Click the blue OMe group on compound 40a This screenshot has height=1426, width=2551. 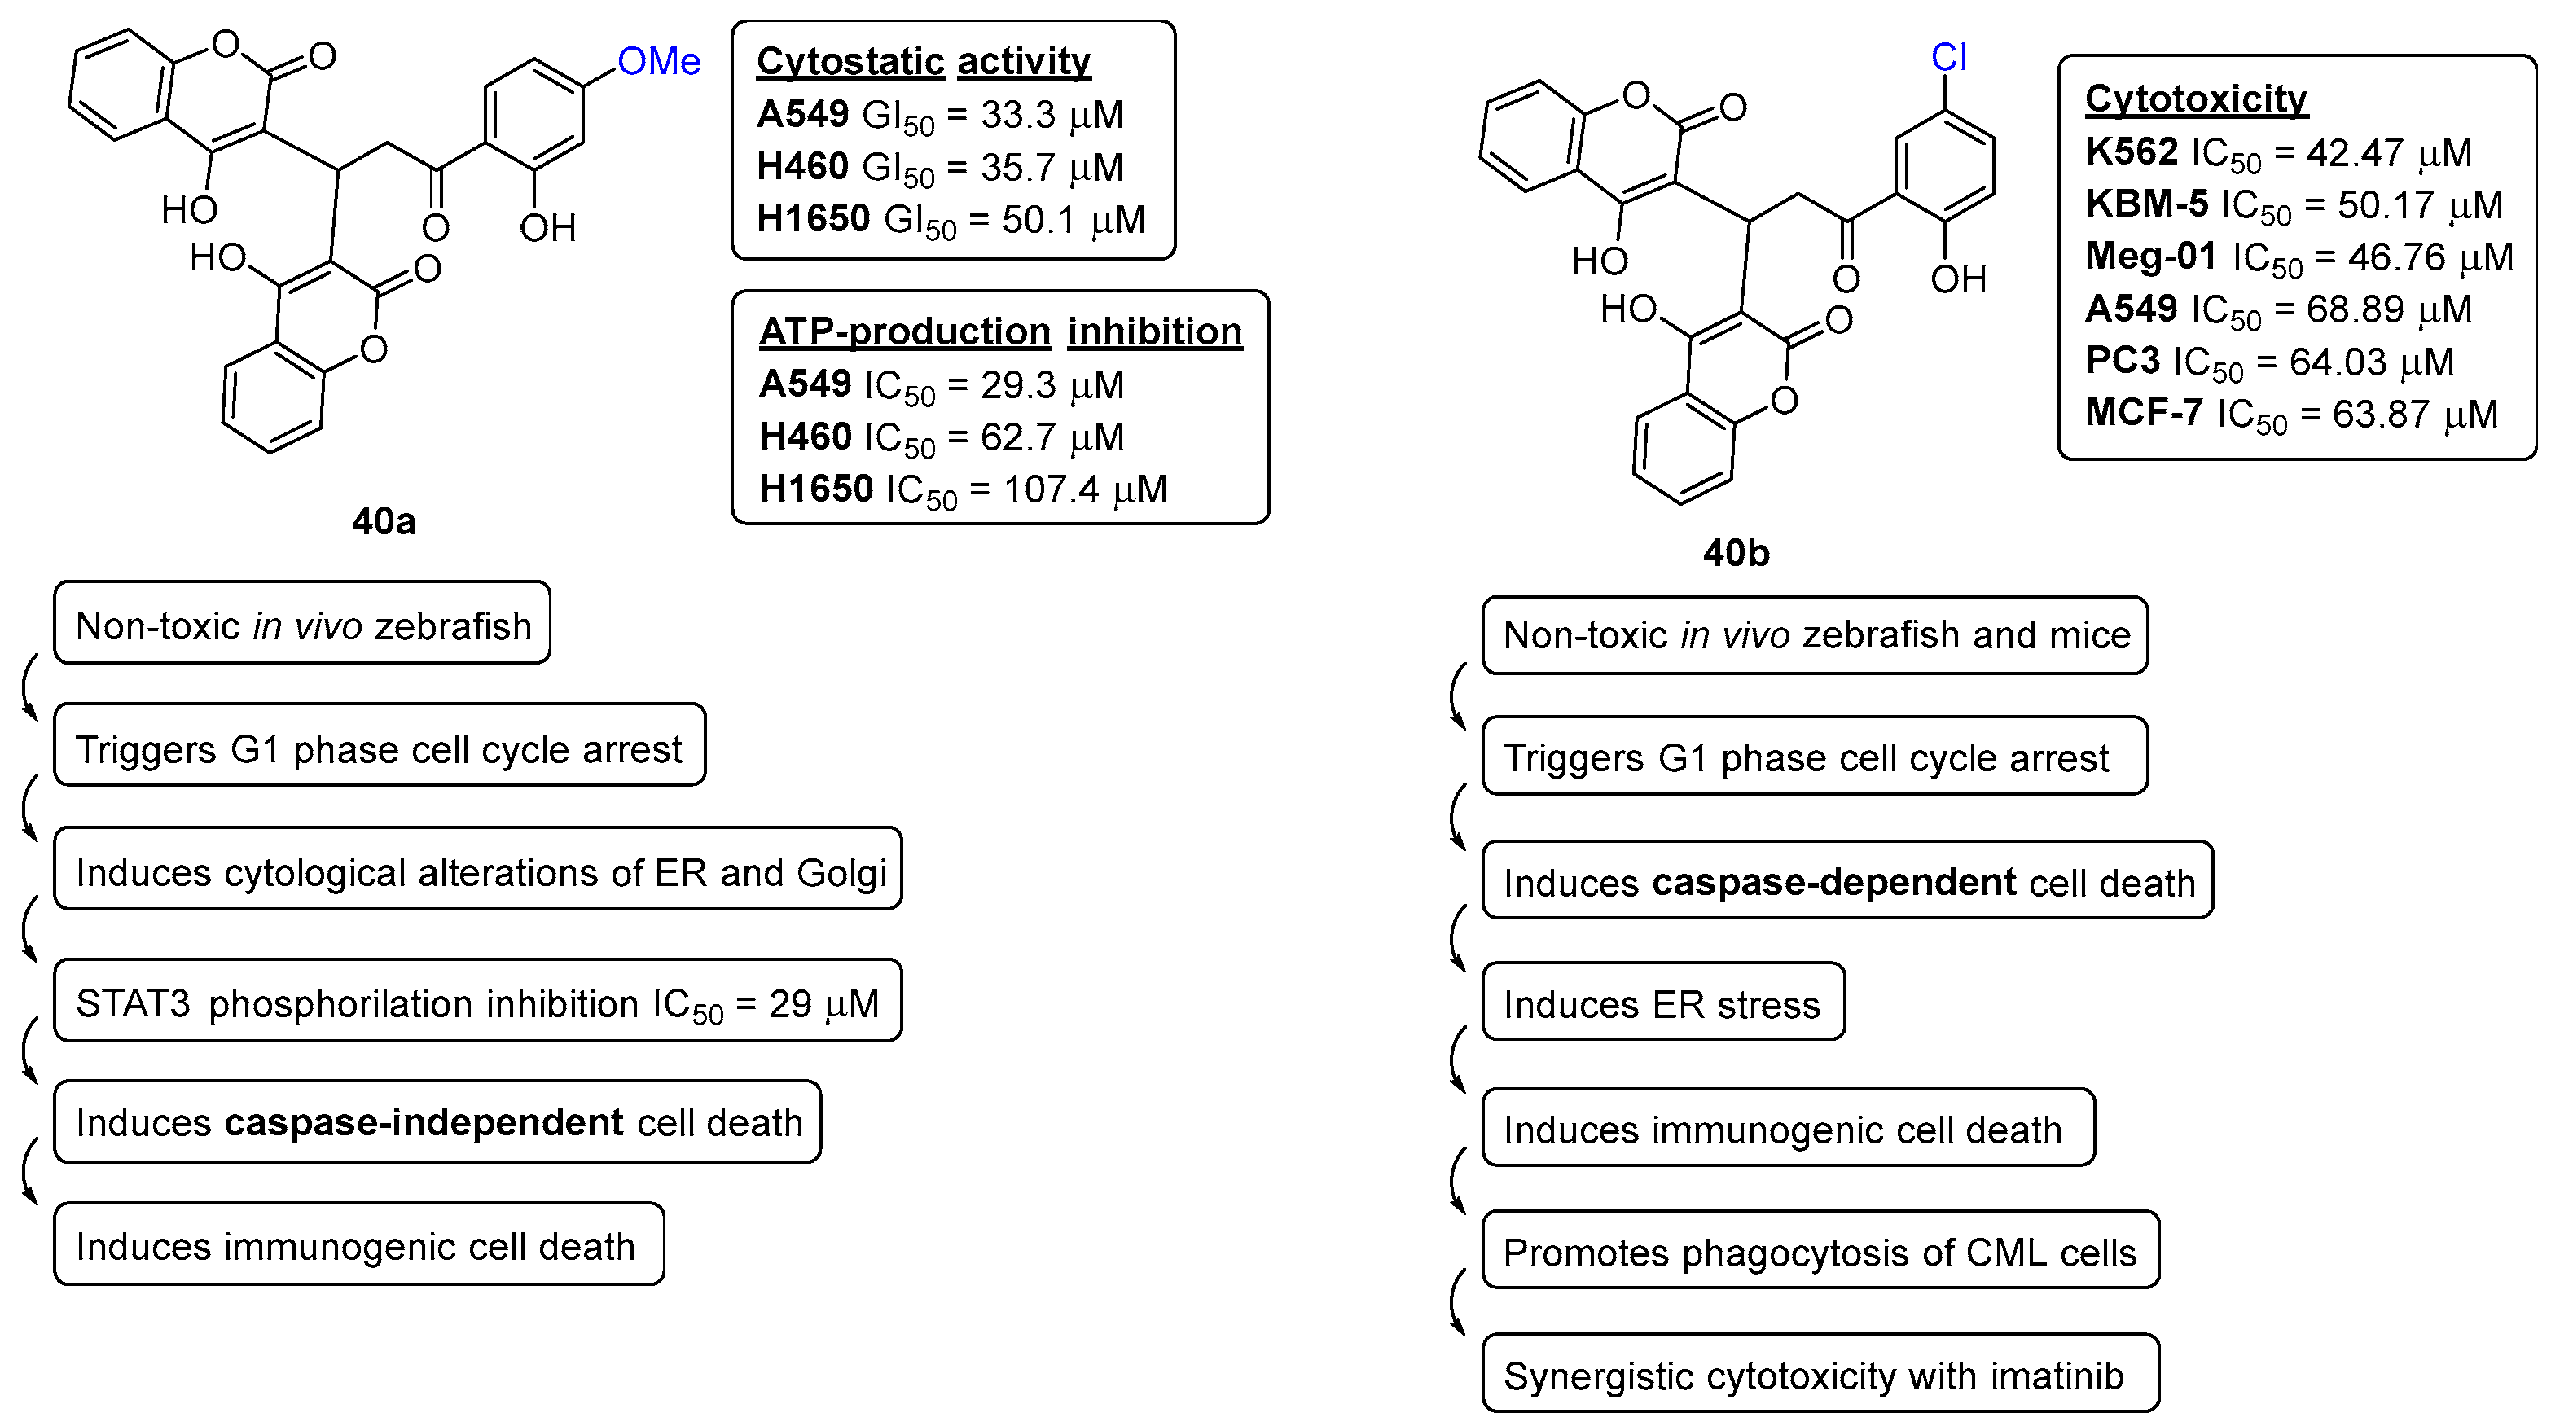tap(659, 61)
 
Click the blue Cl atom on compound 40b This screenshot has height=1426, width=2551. tap(1948, 58)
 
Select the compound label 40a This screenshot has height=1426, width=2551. tap(384, 521)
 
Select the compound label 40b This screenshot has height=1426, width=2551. tap(1735, 553)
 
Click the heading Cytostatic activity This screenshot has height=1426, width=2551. tap(923, 61)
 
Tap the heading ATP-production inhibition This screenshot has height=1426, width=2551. tap(1000, 331)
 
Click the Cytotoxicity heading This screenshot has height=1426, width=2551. tap(2196, 99)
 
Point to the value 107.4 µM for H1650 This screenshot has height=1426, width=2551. tap(1086, 489)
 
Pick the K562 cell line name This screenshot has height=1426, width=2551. tap(2130, 152)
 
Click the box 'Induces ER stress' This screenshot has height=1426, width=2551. tap(1662, 1004)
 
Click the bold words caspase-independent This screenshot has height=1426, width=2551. tap(424, 1123)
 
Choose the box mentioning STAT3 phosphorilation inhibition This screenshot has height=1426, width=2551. tap(477, 1003)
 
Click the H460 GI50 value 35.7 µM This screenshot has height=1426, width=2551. tap(1052, 167)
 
